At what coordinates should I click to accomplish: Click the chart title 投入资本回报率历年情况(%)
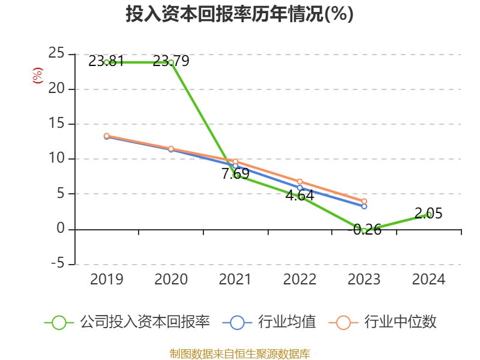239,14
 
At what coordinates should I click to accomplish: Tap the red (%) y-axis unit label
38,76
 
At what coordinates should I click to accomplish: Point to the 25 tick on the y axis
56,54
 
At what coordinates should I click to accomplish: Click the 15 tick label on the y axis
56,124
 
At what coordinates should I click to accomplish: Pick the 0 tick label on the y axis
61,229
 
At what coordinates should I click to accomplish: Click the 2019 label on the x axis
106,279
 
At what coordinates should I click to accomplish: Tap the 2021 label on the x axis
235,279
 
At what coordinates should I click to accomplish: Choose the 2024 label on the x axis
428,279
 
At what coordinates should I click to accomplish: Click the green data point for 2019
107,62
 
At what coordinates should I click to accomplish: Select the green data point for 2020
171,62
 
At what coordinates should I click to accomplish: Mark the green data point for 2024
429,214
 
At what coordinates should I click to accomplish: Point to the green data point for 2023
364,230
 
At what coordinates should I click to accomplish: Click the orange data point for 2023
364,202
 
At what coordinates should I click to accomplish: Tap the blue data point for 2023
364,206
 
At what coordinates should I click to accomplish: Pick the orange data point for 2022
300,182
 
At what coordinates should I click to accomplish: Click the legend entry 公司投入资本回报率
127,322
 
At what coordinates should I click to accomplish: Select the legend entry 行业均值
269,322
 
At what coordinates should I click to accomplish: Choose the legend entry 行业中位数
383,322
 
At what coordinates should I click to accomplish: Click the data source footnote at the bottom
239,353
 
